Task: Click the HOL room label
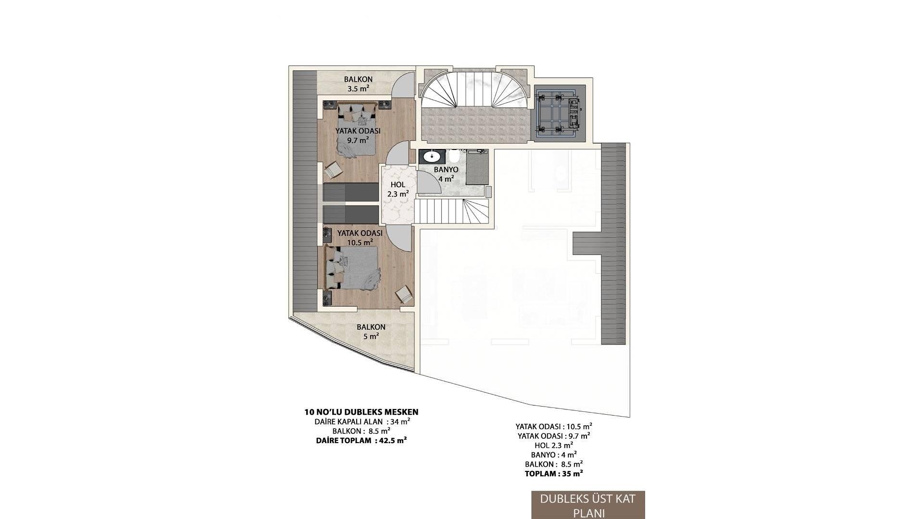point(398,185)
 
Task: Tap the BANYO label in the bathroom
point(446,170)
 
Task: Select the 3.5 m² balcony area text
point(358,88)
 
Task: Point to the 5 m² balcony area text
point(371,336)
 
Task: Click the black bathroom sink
point(432,157)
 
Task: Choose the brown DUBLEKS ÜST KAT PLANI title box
point(588,505)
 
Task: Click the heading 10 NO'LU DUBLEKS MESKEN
point(362,412)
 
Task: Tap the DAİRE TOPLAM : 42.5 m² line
point(362,440)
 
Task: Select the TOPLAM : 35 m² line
point(554,473)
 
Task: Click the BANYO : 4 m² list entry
point(554,455)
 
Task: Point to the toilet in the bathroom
point(455,157)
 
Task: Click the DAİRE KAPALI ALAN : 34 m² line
point(362,421)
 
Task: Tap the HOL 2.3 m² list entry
point(554,445)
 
